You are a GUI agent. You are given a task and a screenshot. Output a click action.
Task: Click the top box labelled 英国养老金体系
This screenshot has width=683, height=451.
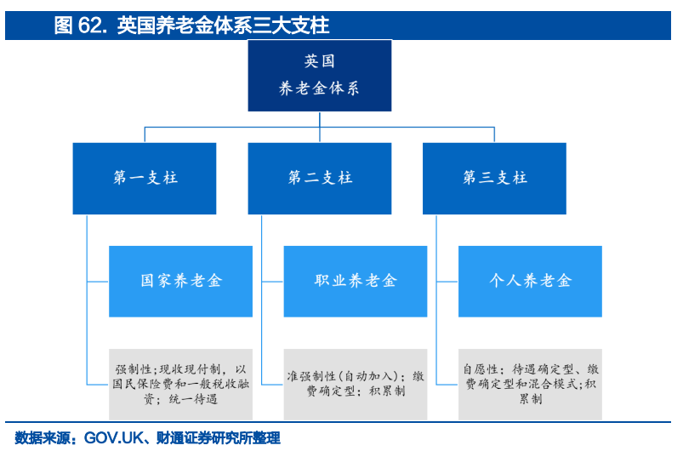click(x=319, y=76)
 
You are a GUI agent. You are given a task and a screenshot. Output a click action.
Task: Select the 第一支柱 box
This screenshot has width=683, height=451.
click(x=145, y=178)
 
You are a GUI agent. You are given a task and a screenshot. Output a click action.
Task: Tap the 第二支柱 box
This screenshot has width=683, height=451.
click(x=319, y=178)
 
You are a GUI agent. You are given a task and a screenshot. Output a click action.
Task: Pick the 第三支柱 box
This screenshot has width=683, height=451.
click(x=494, y=178)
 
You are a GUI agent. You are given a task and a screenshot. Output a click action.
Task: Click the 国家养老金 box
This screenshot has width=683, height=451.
click(x=180, y=281)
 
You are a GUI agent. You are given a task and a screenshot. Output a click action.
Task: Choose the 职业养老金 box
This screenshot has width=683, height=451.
click(x=356, y=281)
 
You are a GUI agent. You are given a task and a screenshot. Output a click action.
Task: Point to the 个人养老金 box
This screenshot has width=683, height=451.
click(x=530, y=281)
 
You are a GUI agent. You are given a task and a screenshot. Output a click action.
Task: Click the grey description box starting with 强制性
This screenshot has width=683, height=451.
click(x=180, y=385)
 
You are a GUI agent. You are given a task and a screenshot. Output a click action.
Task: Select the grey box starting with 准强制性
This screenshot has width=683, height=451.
click(x=356, y=385)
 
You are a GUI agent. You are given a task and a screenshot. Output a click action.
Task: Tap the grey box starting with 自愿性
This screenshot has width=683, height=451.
click(x=530, y=385)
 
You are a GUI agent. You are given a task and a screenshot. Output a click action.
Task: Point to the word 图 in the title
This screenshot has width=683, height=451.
click(x=63, y=26)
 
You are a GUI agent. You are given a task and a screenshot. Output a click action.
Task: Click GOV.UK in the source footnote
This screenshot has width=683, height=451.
click(x=113, y=438)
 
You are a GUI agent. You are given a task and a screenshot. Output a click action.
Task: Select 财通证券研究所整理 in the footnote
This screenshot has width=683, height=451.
click(x=219, y=438)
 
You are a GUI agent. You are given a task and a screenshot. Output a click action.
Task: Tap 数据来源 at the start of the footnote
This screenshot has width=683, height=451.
click(x=43, y=438)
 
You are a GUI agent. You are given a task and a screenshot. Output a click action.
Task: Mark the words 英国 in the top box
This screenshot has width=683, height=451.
click(x=319, y=61)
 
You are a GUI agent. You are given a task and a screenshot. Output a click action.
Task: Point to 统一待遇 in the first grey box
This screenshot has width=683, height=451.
click(x=193, y=399)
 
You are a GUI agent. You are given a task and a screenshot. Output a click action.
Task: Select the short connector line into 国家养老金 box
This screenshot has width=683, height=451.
click(x=98, y=282)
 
